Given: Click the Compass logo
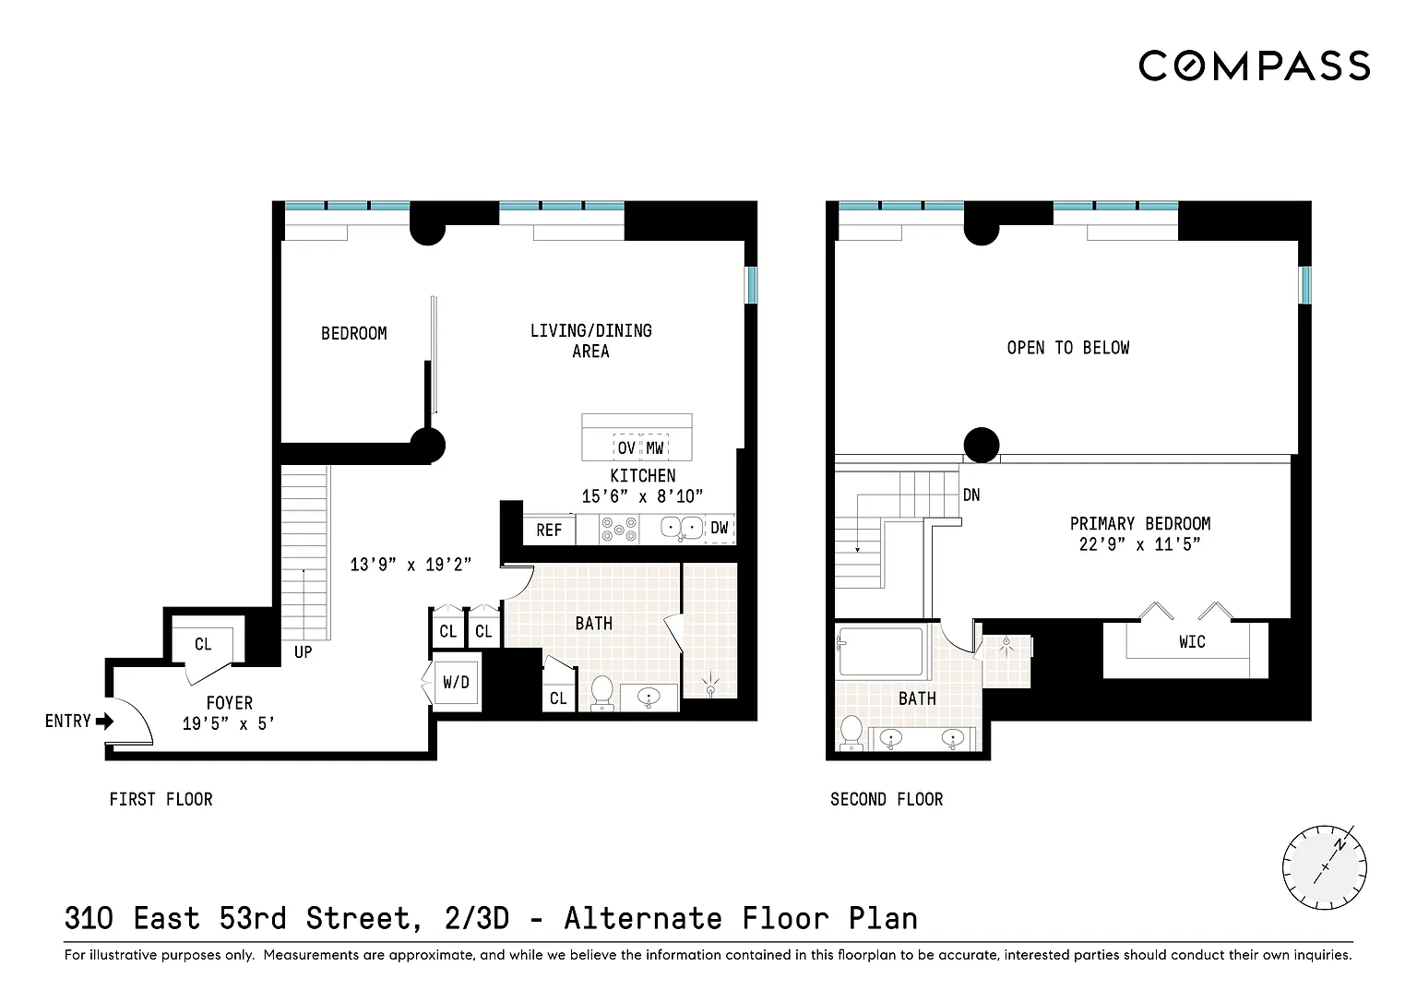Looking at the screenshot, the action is (1254, 66).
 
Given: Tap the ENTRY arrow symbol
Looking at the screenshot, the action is (104, 722).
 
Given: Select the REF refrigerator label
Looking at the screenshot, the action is (549, 531).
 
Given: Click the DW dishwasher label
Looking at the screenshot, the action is (720, 528).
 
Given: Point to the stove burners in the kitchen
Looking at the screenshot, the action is (619, 530).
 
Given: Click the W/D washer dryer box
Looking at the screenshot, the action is (456, 682).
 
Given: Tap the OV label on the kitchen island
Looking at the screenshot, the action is (626, 447).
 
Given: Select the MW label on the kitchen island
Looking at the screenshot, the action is (655, 447).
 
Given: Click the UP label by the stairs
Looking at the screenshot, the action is (303, 652).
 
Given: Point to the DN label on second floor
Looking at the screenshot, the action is (971, 495).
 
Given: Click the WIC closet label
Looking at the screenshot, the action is (1192, 642).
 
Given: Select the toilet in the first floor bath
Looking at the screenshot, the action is (601, 694).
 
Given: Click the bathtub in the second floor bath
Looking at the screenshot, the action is (881, 650).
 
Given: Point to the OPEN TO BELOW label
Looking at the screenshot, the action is (1067, 348).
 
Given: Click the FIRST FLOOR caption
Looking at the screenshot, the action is (161, 800).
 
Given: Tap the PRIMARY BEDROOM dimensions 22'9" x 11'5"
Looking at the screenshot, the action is (1140, 544).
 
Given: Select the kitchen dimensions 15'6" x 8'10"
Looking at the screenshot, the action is (642, 496).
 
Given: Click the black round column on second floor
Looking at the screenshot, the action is (982, 445).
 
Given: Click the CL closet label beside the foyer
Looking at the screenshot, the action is (203, 644).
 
